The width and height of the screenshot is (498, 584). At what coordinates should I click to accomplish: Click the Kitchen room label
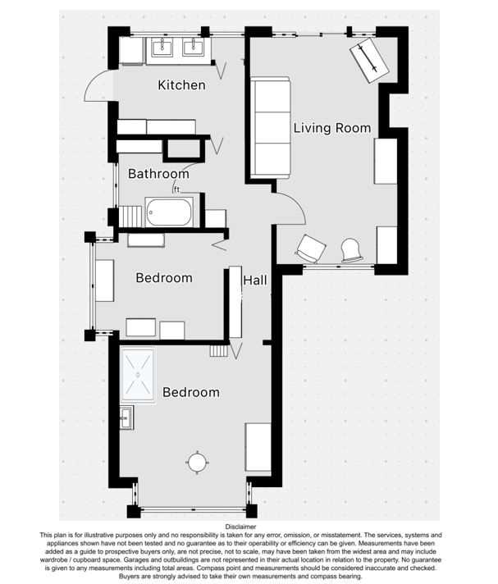[x=181, y=85]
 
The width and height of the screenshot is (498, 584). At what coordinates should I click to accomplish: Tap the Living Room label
[x=332, y=128]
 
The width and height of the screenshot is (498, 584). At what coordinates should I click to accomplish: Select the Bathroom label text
[x=158, y=174]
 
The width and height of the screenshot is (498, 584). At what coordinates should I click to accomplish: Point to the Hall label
[x=255, y=280]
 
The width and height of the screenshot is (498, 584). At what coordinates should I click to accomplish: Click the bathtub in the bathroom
[x=170, y=212]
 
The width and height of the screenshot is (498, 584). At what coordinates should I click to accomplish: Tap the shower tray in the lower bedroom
[x=138, y=375]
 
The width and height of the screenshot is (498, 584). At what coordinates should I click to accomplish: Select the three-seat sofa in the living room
[x=271, y=128]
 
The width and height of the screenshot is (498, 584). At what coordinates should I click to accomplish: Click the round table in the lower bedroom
[x=197, y=463]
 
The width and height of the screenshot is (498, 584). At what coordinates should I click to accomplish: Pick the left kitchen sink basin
[x=162, y=48]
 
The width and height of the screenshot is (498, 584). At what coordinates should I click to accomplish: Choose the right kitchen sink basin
[x=194, y=48]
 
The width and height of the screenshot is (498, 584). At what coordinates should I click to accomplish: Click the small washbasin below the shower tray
[x=126, y=417]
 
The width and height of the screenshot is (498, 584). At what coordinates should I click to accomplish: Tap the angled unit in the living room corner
[x=369, y=61]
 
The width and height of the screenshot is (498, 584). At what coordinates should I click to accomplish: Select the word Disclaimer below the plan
[x=240, y=527]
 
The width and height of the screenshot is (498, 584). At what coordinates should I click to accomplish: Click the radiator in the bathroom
[x=130, y=216]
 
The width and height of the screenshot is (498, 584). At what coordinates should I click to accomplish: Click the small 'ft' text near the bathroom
[x=176, y=189]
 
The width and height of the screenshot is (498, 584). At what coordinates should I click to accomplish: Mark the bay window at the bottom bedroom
[x=192, y=508]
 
